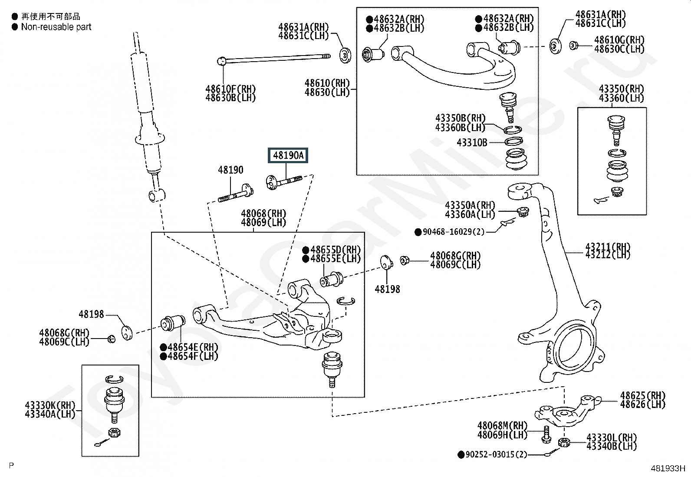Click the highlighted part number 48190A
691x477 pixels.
point(288,155)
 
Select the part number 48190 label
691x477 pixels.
point(230,170)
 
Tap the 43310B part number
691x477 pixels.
point(472,142)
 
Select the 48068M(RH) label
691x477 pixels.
point(502,426)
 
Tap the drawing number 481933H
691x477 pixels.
point(667,468)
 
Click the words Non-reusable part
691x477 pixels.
point(56,27)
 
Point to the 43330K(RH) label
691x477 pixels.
point(50,406)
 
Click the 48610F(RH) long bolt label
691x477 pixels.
point(230,89)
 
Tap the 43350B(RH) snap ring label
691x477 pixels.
point(460,118)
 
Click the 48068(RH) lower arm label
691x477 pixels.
point(263,214)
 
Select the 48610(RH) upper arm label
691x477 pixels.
point(327,83)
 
